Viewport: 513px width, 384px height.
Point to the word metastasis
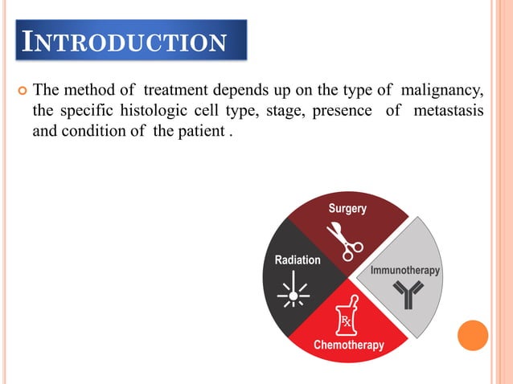coord(449,110)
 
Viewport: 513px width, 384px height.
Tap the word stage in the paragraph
coord(271,110)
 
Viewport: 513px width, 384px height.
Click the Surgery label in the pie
coord(347,209)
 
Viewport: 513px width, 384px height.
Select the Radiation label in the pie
coord(298,259)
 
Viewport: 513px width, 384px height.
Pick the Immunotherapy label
coord(404,271)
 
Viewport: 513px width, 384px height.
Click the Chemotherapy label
coord(348,345)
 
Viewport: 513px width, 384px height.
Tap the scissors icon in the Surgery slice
coord(344,240)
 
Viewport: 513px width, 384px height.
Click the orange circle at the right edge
coord(473,335)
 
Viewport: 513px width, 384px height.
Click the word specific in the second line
coord(86,110)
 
